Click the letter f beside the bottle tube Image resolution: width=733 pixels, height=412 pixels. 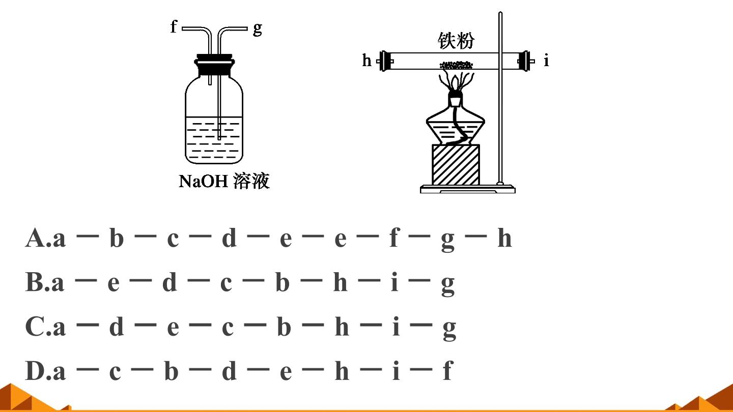coord(174,26)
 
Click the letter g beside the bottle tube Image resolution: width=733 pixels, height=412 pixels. coord(258,29)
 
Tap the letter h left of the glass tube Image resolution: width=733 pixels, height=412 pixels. coord(367,60)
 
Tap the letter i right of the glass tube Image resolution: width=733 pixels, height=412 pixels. coord(546,61)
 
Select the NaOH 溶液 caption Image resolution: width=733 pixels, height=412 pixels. coord(224,181)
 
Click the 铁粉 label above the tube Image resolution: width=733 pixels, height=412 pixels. coord(456,41)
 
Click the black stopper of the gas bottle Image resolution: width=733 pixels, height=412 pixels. coord(214,66)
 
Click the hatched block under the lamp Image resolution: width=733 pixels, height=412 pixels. coord(456,165)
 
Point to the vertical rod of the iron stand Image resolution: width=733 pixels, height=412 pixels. coord(500,98)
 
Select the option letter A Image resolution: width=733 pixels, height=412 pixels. coord(35,238)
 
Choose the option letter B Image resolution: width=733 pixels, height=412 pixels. coord(35,282)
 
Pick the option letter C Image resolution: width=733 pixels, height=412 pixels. coord(35,327)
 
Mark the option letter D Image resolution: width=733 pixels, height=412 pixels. coord(35,371)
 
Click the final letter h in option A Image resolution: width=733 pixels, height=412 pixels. coord(504,238)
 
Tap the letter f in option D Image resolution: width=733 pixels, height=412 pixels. coord(448,370)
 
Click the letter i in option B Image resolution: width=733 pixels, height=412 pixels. coord(394,282)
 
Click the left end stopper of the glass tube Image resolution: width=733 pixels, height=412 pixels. coord(385,61)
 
